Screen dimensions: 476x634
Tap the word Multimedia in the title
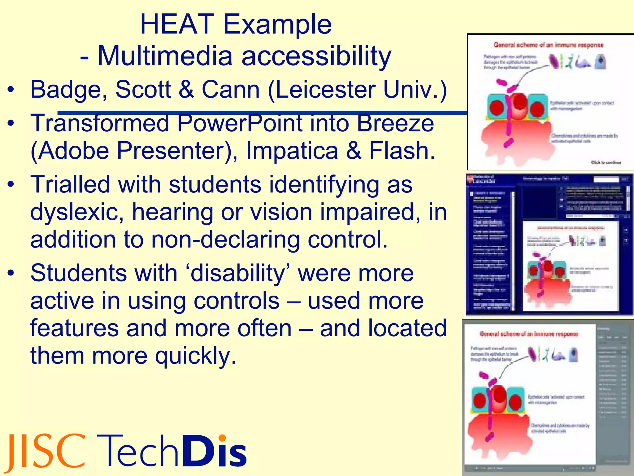coord(165,56)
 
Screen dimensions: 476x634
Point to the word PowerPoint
coord(240,123)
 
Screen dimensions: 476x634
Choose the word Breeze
coord(395,123)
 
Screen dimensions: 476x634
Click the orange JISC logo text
coord(46,452)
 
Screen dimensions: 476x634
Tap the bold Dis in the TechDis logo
coord(214,451)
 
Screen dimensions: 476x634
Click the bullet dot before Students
coord(11,273)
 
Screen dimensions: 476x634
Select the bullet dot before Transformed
coord(11,123)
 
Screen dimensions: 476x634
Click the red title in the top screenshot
coord(548,45)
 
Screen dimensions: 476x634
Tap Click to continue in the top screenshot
coord(606,162)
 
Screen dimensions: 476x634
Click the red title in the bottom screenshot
coord(529,334)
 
